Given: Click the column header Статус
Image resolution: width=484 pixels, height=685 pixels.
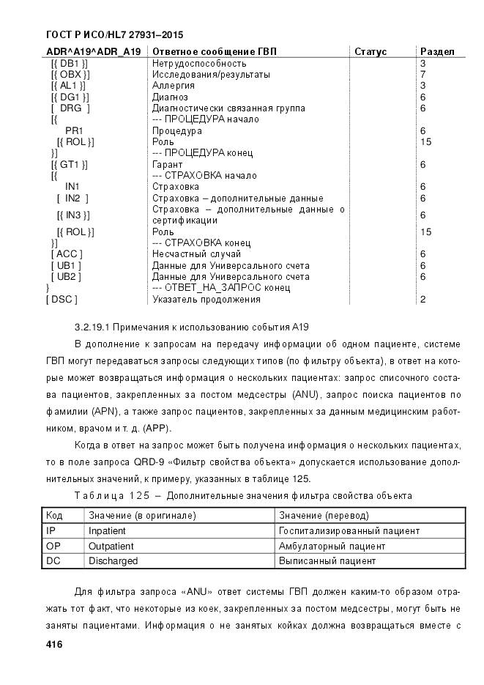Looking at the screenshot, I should coord(371,52).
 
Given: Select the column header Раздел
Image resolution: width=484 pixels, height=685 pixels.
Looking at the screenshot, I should coord(437,52).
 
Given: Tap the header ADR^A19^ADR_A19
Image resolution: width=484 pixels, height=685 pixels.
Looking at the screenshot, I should coord(93,52).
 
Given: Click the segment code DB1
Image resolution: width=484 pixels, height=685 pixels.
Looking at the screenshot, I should coord(69,64).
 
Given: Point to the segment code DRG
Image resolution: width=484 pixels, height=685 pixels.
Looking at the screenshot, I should coord(71,108).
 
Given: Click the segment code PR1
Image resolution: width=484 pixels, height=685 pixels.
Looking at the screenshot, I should coord(74,131).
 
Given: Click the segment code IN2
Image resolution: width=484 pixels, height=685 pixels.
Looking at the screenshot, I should coord(72,199).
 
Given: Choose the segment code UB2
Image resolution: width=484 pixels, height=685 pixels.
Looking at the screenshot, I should coord(66,277).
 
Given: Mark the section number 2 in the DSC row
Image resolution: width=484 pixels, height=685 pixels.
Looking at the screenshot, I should coord(423,300).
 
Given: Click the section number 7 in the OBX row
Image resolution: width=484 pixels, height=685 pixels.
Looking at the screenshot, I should coord(423,75).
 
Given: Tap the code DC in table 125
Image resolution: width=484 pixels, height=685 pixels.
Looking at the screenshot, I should coord(53,561).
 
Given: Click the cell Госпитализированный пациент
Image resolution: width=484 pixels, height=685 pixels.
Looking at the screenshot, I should coord(349,530).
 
